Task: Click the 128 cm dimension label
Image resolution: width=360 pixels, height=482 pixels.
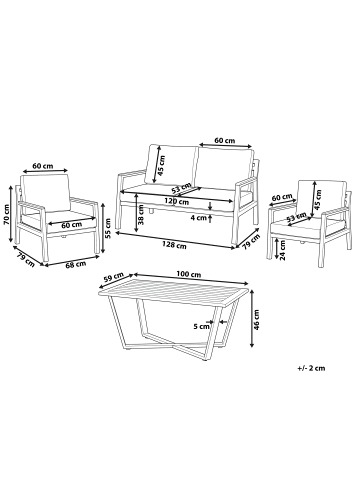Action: (174, 246)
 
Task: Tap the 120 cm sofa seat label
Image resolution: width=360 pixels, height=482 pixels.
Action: (176, 202)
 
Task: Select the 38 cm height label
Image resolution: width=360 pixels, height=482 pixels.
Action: (141, 215)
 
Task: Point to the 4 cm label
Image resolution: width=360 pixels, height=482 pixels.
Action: (198, 218)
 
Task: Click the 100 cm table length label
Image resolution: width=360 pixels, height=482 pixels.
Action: (189, 275)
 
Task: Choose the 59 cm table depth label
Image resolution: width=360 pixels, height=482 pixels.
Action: (112, 278)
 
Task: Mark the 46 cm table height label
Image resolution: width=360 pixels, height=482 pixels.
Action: (256, 320)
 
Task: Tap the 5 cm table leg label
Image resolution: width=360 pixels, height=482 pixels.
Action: (201, 327)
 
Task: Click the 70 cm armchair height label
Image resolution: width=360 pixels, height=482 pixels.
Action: (7, 214)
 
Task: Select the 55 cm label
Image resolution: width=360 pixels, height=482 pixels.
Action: (108, 227)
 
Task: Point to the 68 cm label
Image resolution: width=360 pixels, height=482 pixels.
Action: (76, 264)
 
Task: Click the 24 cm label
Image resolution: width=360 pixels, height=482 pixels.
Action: (283, 251)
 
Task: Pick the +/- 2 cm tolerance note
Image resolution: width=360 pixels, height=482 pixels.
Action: (311, 368)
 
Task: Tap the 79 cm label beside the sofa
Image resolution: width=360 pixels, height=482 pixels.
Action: (251, 242)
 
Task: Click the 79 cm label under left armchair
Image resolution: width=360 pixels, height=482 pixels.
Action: (24, 259)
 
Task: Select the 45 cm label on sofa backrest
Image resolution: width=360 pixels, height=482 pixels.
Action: (161, 166)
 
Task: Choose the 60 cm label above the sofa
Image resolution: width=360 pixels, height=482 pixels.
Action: (224, 140)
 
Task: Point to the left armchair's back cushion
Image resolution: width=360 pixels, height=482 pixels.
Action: (45, 192)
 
